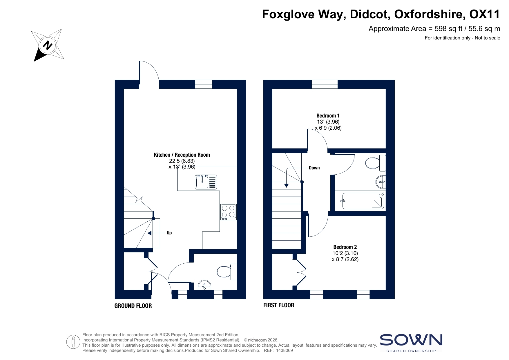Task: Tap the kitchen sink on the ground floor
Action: tap(206, 182)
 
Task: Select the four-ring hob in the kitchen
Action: tap(229, 212)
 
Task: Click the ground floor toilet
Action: tap(227, 272)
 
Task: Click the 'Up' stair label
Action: tap(169, 233)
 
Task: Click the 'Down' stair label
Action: tap(314, 168)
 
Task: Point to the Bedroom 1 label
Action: tap(328, 115)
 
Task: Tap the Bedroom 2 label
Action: tap(345, 247)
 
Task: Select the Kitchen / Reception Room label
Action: tap(182, 155)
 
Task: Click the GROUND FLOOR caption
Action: tap(133, 306)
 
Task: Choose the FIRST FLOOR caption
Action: tap(279, 305)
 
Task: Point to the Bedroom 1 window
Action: tap(325, 84)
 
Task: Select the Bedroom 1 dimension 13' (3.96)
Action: tap(328, 122)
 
